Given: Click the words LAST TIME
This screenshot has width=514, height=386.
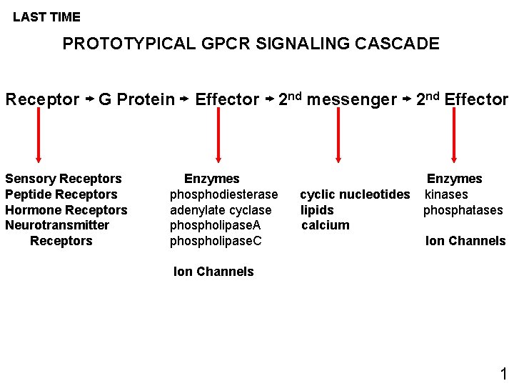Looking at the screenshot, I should point(46,16).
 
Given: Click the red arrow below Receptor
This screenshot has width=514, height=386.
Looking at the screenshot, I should point(39,136).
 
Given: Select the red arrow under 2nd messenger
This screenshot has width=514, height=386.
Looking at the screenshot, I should point(338,136).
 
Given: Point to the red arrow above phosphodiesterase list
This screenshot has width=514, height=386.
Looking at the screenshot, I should point(217,136).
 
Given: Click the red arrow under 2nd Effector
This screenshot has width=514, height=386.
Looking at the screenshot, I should point(454,136).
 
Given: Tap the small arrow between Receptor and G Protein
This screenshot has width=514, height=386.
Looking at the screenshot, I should point(89,100).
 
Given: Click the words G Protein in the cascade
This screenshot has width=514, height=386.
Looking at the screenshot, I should point(136,99).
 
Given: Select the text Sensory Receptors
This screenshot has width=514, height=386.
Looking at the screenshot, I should point(64,179).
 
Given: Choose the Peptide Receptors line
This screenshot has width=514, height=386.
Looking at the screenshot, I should point(61,194).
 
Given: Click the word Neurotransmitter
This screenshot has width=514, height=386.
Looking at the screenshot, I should point(57,225).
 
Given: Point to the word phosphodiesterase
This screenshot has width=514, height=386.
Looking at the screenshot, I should point(223,194).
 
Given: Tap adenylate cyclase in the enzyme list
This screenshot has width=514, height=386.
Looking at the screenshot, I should point(221,210).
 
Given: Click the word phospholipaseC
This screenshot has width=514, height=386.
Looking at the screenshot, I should point(216,241).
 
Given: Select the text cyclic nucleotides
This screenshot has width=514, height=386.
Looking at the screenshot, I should point(355,194).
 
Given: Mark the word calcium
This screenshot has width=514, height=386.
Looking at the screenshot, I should point(326,225).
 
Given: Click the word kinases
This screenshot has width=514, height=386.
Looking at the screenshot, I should point(446,194).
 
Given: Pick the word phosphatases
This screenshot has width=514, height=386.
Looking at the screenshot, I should point(463,210).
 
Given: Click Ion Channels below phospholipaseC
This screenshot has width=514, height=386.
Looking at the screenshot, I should point(213,272).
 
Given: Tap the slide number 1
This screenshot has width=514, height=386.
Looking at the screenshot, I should point(503,373).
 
